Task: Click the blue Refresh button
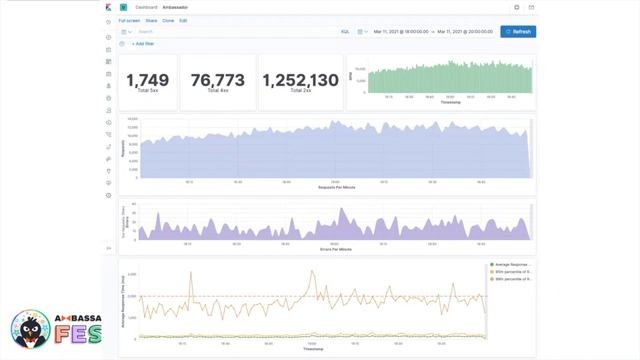pyautogui.click(x=518, y=32)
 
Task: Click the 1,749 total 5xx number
pyautogui.click(x=148, y=79)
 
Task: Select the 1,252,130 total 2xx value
pyautogui.click(x=301, y=79)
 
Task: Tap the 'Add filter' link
pyautogui.click(x=143, y=44)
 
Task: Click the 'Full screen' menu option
pyautogui.click(x=129, y=20)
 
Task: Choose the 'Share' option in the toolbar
pyautogui.click(x=151, y=20)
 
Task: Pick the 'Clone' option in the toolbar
pyautogui.click(x=168, y=20)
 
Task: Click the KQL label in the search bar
pyautogui.click(x=345, y=32)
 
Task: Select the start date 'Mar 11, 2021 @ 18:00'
pyautogui.click(x=401, y=32)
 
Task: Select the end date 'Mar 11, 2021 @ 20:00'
pyautogui.click(x=465, y=32)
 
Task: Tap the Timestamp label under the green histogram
pyautogui.click(x=450, y=102)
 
